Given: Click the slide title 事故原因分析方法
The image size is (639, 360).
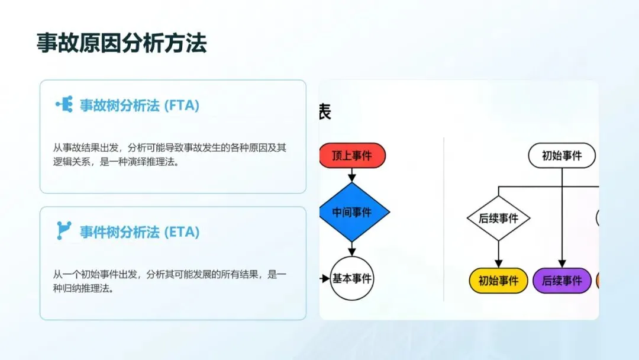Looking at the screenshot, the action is (121, 44).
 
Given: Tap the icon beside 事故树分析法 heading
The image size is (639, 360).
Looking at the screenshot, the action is (64, 105).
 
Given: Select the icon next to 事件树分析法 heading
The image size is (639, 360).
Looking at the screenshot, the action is (64, 230).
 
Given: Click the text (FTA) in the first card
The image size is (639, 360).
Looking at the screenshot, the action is (182, 106).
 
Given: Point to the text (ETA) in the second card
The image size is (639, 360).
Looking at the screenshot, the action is (182, 232).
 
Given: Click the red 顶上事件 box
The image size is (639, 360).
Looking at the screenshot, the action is (352, 156).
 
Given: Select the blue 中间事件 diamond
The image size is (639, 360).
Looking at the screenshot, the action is (352, 212).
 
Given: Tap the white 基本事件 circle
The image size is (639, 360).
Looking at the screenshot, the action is (352, 278).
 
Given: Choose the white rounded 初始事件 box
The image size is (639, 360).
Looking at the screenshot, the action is (561, 156).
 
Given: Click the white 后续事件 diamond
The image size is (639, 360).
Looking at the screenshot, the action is (498, 218).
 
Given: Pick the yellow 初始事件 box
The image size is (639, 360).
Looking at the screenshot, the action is (498, 281).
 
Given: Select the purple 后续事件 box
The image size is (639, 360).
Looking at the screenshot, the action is (561, 281).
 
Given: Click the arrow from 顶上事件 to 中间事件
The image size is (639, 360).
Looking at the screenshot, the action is (352, 175).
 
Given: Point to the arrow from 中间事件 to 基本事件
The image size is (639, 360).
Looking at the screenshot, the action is (352, 249).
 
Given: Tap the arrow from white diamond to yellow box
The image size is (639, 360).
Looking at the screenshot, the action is (498, 255).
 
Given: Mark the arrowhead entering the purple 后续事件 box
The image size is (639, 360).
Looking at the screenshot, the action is (561, 265).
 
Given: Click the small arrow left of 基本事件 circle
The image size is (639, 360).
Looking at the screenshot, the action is (324, 278).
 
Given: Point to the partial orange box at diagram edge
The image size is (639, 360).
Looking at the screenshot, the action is (598, 281).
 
